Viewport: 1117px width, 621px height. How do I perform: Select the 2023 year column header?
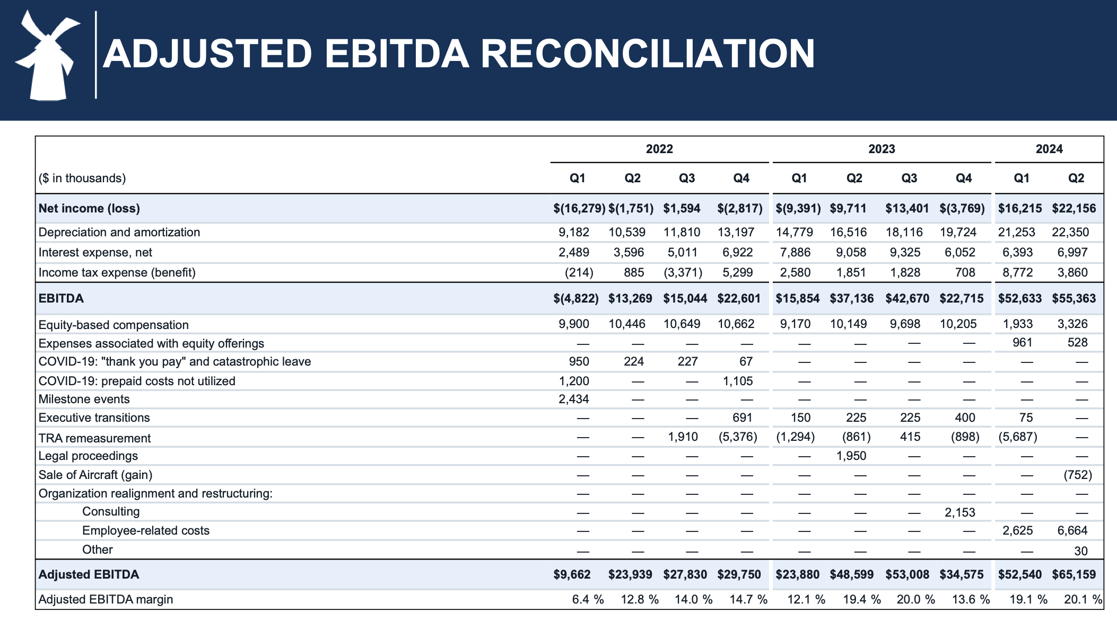coord(882,149)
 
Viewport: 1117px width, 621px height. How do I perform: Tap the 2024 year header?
coord(1049,149)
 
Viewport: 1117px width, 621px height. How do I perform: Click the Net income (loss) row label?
coord(89,208)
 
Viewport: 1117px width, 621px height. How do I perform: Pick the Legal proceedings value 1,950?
coord(851,456)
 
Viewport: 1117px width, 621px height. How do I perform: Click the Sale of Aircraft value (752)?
coord(1077,475)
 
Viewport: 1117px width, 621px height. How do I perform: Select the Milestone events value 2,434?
coord(573,399)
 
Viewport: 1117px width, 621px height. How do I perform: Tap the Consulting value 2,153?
coord(959,512)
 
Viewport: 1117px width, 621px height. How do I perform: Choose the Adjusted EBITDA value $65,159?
coord(1074,574)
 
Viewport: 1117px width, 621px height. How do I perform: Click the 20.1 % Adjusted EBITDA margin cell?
coord(1082,599)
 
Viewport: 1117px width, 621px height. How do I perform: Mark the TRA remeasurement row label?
coord(94,438)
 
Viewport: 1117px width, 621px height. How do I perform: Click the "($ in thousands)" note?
coord(82,178)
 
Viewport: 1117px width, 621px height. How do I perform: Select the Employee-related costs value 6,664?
coord(1072,530)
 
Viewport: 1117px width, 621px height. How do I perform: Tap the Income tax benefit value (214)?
coord(579,272)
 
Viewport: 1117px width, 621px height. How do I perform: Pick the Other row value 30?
coord(1080,551)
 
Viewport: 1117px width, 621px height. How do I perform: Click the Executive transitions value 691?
coord(742,418)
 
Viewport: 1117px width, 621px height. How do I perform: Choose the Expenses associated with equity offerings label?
coord(151,343)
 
